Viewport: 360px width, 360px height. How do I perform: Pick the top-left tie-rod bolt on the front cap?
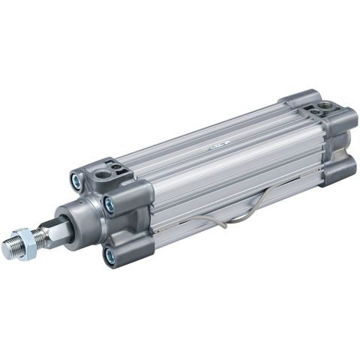76,180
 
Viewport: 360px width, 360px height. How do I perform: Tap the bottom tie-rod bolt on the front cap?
110,256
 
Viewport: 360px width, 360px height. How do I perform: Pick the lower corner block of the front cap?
124,251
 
